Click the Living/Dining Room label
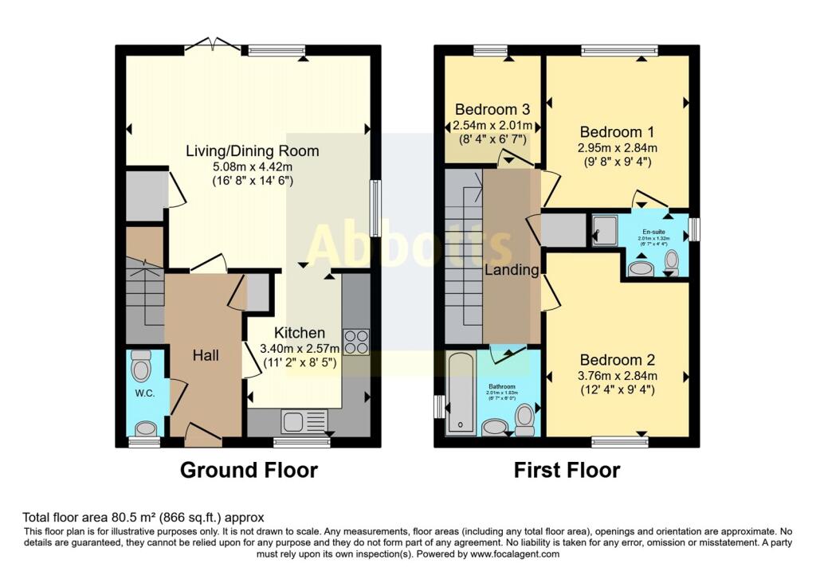(x=253, y=151)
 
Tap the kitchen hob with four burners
(x=356, y=341)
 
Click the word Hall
(x=205, y=355)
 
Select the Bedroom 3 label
(x=492, y=109)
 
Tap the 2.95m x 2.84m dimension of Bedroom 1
(x=618, y=148)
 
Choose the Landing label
(x=512, y=270)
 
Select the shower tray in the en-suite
(x=605, y=230)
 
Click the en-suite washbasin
(x=640, y=268)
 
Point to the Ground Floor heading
(x=249, y=470)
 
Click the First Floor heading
(x=567, y=470)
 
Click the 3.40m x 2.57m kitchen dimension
(x=300, y=349)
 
